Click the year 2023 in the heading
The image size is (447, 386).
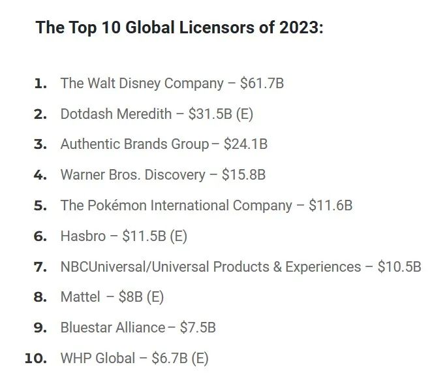(x=301, y=27)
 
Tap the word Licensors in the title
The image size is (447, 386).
(x=217, y=27)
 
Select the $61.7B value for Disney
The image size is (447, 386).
(x=262, y=84)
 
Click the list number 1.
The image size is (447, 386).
(x=40, y=84)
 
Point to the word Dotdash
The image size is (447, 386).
(x=87, y=114)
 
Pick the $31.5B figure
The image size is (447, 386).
(x=210, y=114)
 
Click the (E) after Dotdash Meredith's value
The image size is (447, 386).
(x=245, y=114)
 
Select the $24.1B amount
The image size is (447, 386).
(x=245, y=144)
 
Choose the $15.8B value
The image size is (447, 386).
(x=244, y=174)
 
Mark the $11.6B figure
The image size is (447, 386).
(x=331, y=205)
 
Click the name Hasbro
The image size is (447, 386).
(x=84, y=236)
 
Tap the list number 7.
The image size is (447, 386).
(x=40, y=267)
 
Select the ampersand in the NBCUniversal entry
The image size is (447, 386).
(x=277, y=267)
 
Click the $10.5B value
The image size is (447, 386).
(x=399, y=266)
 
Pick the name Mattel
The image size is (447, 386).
(x=80, y=297)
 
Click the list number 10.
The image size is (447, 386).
(x=36, y=359)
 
